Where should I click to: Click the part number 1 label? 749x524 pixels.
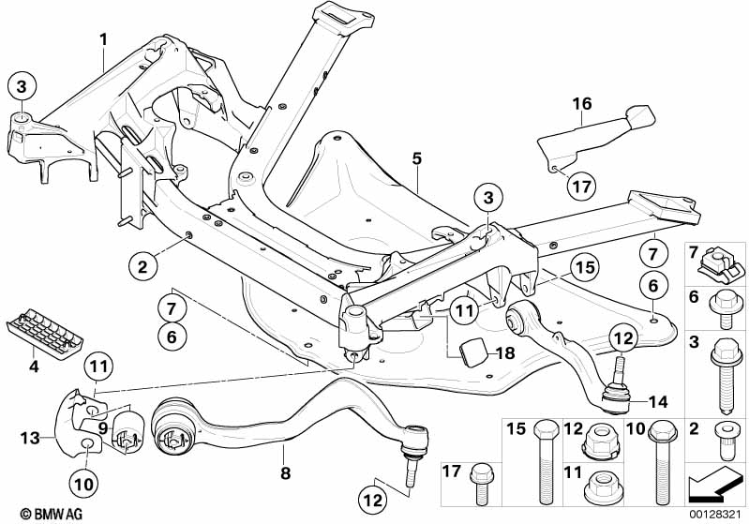coord(104,38)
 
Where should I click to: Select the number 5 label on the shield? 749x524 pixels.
coord(416,158)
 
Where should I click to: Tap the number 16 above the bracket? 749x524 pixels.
coord(582,104)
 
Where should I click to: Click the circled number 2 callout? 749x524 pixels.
coord(142,267)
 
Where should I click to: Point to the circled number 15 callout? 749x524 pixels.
coord(584,267)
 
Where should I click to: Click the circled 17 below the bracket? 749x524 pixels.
coord(582,186)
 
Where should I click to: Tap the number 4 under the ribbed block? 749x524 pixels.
coord(34,367)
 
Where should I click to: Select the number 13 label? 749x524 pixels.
coord(29,437)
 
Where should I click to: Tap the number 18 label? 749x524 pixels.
coord(506,352)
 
